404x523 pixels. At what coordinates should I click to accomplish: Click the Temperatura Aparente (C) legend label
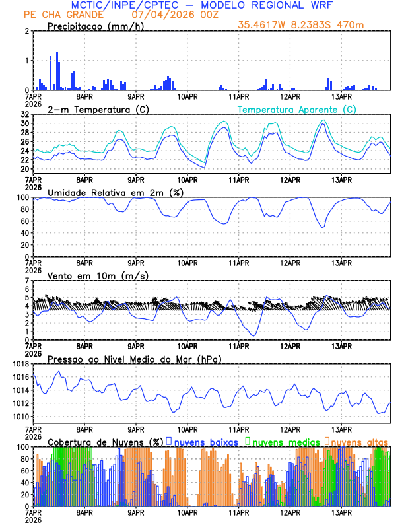tap(296, 109)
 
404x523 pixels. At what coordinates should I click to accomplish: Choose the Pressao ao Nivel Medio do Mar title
tap(134, 359)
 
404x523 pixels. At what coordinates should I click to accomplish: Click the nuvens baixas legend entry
tap(205, 442)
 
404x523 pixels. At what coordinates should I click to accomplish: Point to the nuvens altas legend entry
tap(359, 442)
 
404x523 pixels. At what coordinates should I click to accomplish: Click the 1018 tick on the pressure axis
tap(20, 364)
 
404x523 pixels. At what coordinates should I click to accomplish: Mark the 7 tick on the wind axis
tap(27, 281)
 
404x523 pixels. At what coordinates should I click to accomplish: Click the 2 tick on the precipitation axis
tap(27, 31)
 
